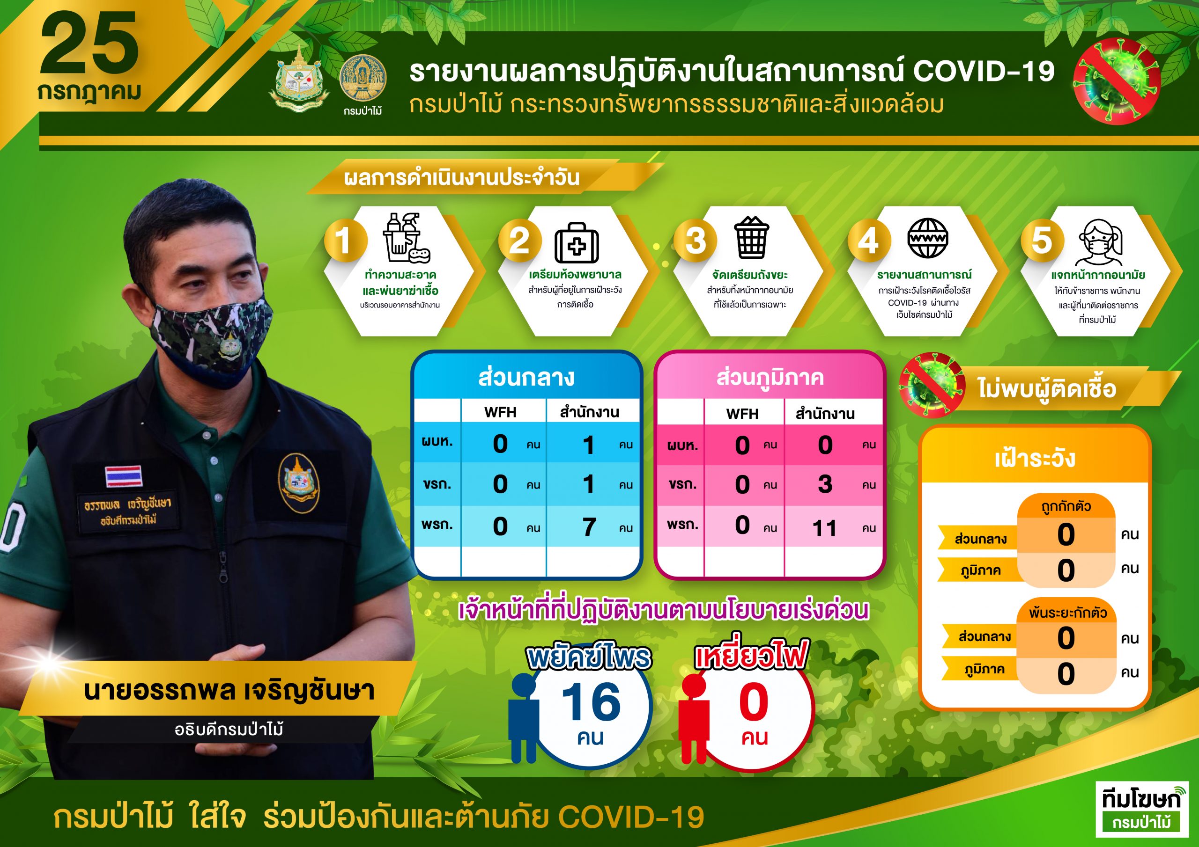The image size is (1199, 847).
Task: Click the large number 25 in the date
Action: [89, 44]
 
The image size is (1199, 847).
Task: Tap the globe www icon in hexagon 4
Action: [927, 239]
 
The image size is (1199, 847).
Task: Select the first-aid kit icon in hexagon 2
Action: [577, 243]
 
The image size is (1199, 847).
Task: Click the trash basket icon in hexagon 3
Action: [751, 237]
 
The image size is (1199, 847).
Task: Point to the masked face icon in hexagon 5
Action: [1100, 243]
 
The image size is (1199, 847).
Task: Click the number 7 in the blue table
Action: [589, 526]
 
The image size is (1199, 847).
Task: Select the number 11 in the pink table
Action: [825, 528]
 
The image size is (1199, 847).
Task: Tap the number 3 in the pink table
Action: [825, 484]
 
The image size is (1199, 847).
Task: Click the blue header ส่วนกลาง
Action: [526, 377]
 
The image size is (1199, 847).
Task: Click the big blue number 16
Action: [591, 702]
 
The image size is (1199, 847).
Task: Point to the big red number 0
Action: [754, 702]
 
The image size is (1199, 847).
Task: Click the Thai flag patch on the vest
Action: [124, 475]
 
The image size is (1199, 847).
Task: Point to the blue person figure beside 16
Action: [524, 717]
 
